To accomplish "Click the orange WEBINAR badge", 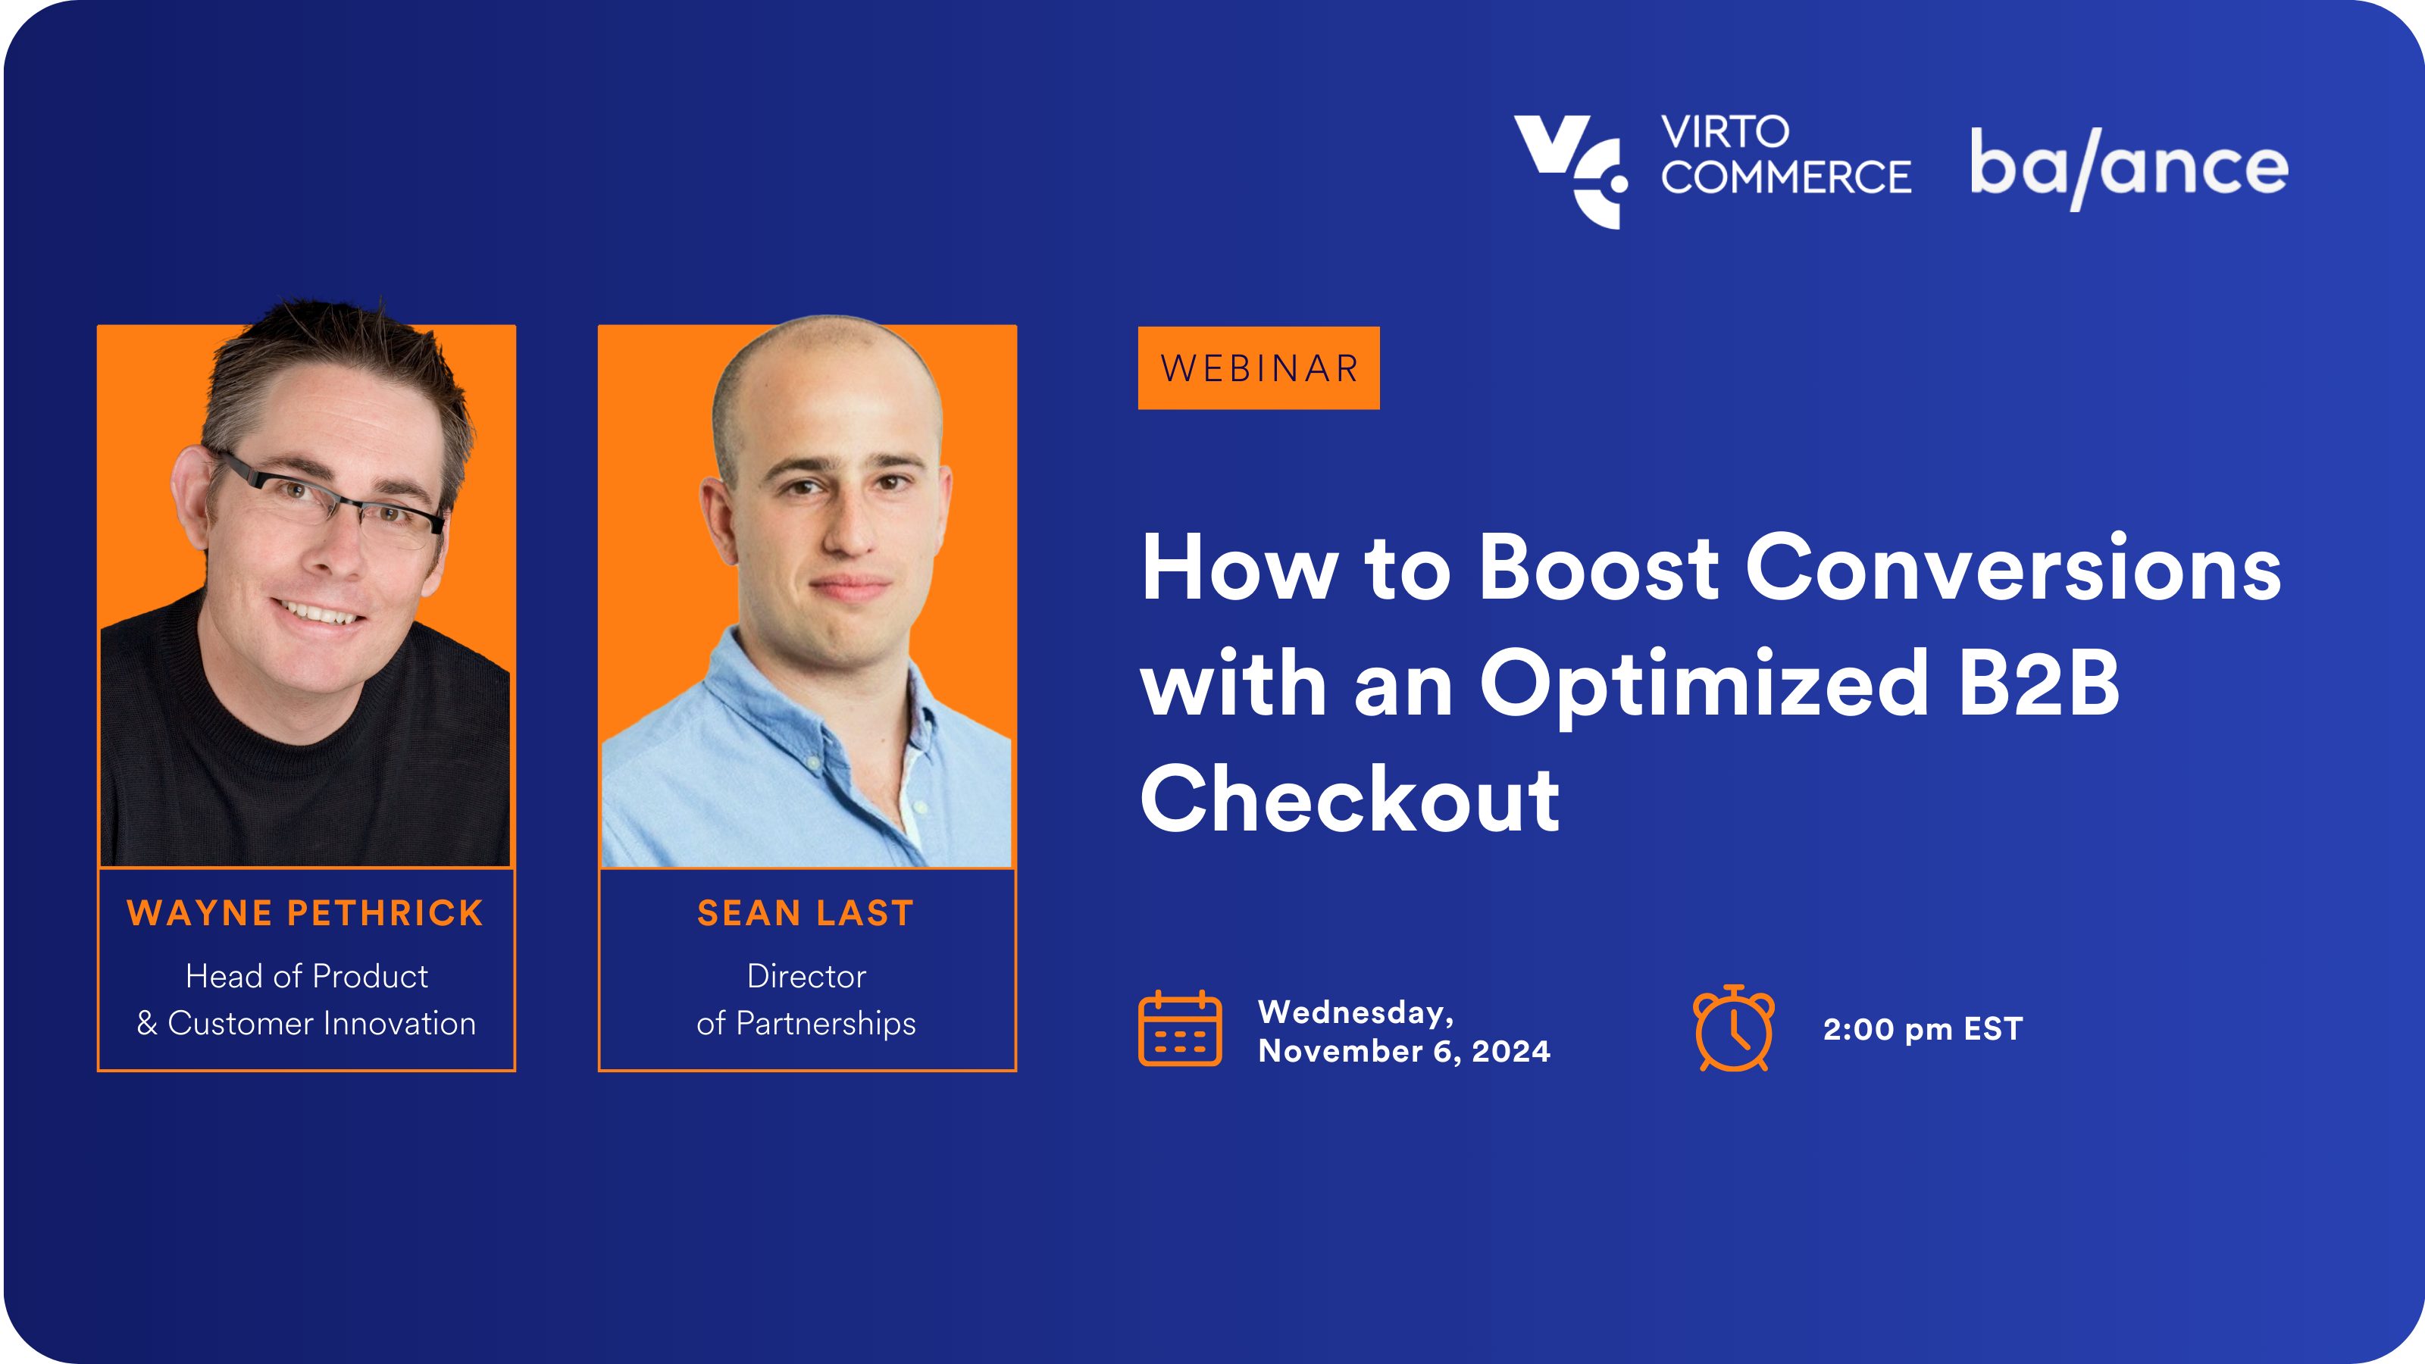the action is (1259, 368).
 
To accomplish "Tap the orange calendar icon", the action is (1181, 1028).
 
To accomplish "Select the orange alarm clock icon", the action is (1734, 1028).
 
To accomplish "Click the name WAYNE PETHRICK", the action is (306, 913).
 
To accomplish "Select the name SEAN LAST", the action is (806, 913).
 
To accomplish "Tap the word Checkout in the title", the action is (1350, 799).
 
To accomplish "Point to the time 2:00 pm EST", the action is (1923, 1029).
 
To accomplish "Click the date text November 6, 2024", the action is (1404, 1050).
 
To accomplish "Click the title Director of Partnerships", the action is (806, 1000).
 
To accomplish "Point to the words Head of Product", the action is (307, 976).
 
